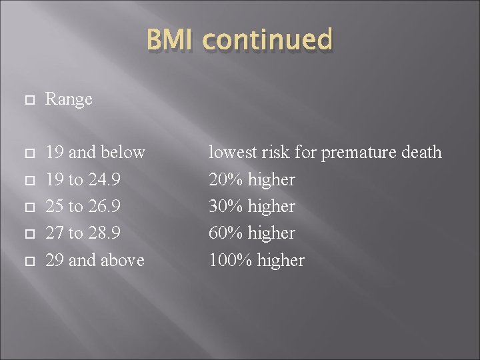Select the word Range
click(69, 99)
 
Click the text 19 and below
click(95, 153)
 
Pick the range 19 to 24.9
click(83, 179)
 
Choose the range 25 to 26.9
click(83, 206)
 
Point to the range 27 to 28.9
click(83, 233)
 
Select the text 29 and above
click(95, 259)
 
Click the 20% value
click(227, 179)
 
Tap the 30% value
click(227, 206)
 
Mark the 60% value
click(227, 233)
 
